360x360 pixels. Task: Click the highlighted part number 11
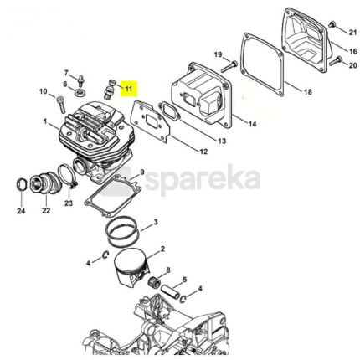click(x=129, y=89)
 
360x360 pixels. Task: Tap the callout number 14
click(x=252, y=123)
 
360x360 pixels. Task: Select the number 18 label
click(x=308, y=92)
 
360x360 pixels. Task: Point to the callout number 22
click(x=46, y=210)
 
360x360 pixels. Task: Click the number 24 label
click(x=21, y=211)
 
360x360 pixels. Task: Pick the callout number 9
click(x=142, y=172)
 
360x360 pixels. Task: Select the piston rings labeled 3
click(x=122, y=231)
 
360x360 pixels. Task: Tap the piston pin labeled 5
click(x=169, y=292)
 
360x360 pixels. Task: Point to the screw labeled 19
click(x=229, y=66)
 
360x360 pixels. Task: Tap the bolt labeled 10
click(x=61, y=105)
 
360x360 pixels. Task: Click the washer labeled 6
click(x=80, y=91)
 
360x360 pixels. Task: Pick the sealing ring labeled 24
click(x=22, y=185)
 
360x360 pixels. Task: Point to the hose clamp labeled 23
click(x=67, y=176)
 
